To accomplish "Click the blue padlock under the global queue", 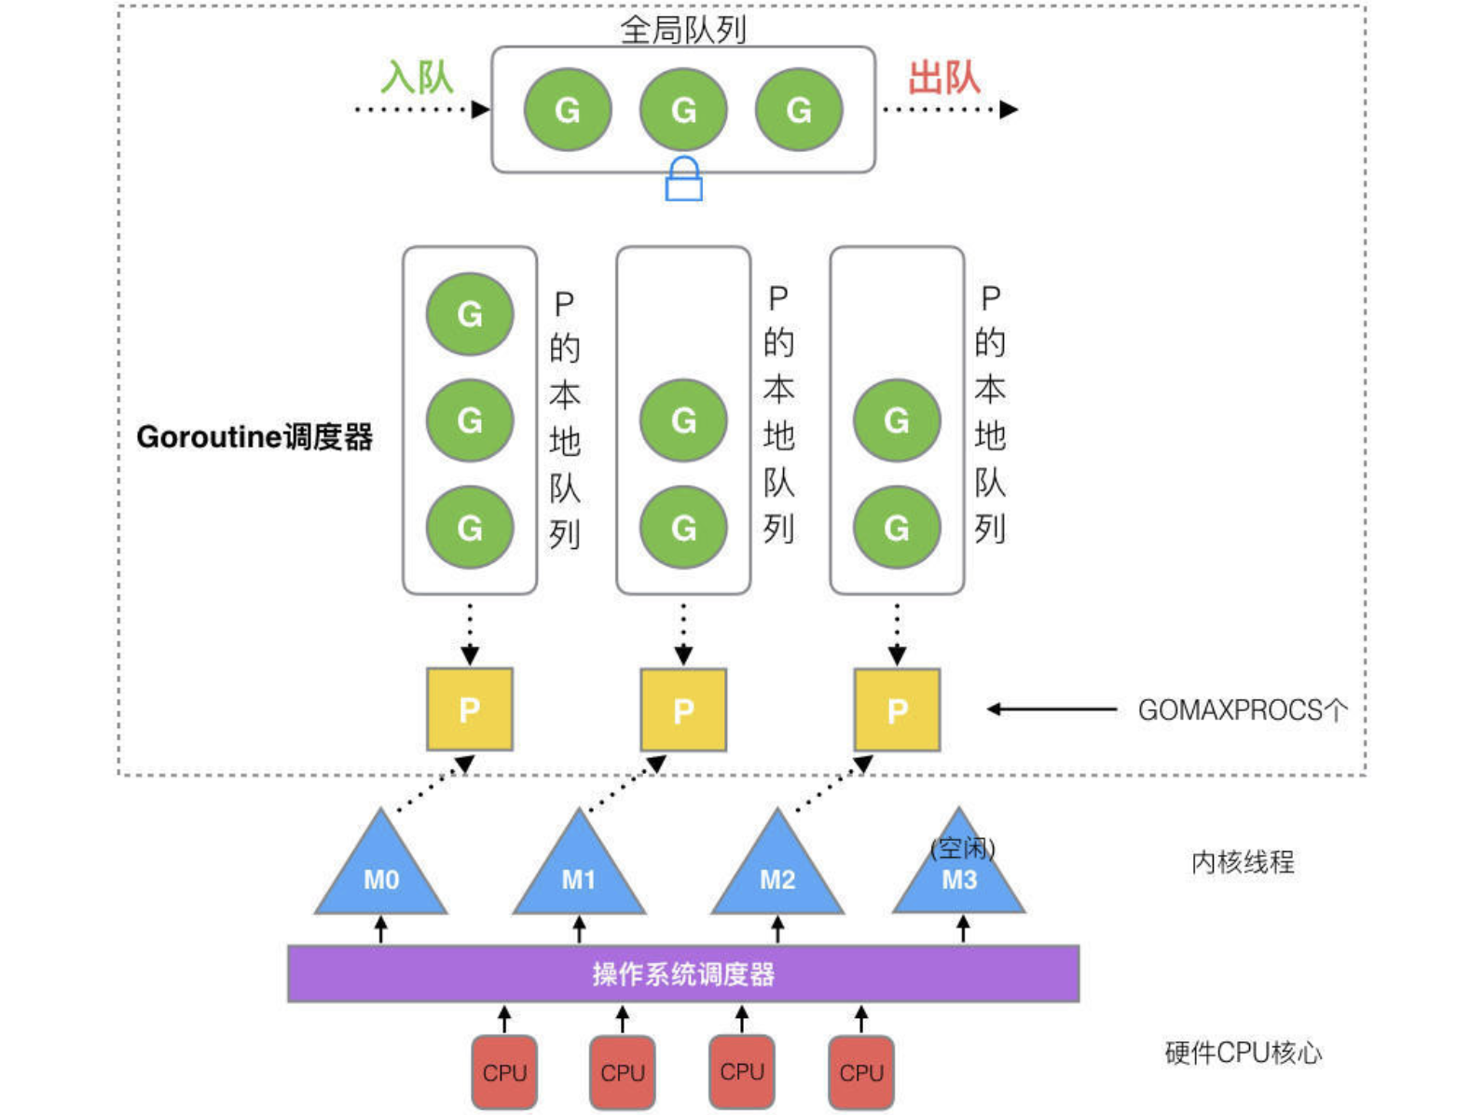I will click(683, 179).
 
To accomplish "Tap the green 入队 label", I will click(417, 76).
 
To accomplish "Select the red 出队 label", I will click(944, 76).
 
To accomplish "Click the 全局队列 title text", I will click(683, 30).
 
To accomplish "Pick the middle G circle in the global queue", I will click(683, 110).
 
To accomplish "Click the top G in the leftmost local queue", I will click(470, 314).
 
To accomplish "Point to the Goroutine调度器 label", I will click(254, 436).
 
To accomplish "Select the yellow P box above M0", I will click(470, 709).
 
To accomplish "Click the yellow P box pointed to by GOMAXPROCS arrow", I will click(897, 709).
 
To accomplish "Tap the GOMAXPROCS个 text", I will click(1243, 710).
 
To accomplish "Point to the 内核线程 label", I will click(1243, 862).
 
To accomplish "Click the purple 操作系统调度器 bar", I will click(683, 974).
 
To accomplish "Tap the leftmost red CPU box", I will click(504, 1072).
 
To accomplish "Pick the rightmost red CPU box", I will click(861, 1072).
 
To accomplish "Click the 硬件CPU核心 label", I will click(1243, 1053).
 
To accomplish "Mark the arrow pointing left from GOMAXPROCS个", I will click(1051, 709).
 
